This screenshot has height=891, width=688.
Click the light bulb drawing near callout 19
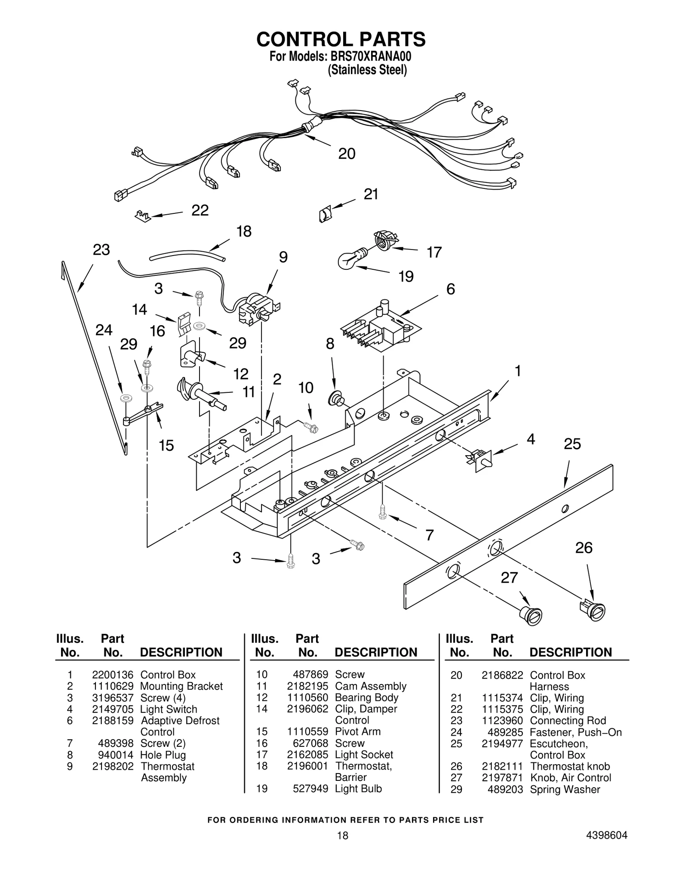point(350,260)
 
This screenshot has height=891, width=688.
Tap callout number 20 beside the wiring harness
point(347,154)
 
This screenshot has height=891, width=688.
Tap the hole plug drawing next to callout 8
point(335,398)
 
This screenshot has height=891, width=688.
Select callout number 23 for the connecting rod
point(101,250)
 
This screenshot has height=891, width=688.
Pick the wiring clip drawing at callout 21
point(325,213)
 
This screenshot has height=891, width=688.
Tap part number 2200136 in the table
point(113,675)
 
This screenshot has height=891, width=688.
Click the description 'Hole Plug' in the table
point(163,755)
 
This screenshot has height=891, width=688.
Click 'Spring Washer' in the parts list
point(565,789)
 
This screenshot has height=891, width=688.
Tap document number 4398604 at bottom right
point(606,847)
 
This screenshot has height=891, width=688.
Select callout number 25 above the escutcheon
point(572,444)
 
